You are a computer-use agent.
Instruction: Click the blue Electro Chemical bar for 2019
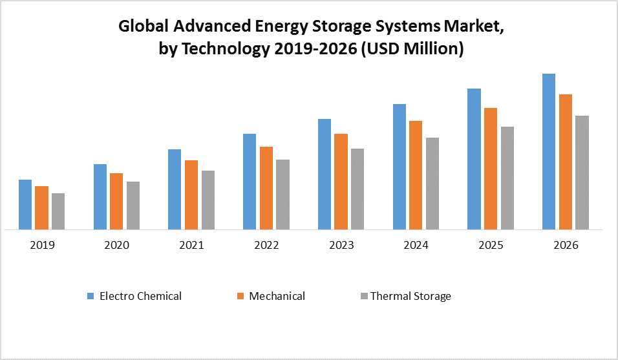(x=25, y=204)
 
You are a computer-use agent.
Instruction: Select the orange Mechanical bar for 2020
(x=116, y=201)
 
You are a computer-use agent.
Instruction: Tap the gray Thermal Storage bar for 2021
(x=208, y=200)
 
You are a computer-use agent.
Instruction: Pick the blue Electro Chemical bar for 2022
(x=250, y=182)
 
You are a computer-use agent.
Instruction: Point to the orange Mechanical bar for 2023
(x=341, y=182)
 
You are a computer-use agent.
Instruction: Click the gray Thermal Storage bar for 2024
(x=432, y=184)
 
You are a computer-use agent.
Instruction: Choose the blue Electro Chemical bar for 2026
(x=549, y=151)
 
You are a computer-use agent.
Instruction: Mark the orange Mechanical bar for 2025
(x=491, y=169)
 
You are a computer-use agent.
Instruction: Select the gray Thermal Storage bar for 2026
(x=582, y=173)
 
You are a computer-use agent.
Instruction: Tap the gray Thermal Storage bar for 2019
(x=58, y=211)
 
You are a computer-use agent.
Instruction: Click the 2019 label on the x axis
(x=42, y=246)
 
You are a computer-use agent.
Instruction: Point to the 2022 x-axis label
(x=266, y=246)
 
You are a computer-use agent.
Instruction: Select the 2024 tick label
(x=416, y=246)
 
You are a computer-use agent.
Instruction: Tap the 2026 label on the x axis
(x=566, y=246)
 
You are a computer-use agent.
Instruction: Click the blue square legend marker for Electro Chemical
(x=91, y=296)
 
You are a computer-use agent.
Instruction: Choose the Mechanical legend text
(x=277, y=296)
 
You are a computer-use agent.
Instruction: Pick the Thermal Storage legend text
(x=410, y=296)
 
